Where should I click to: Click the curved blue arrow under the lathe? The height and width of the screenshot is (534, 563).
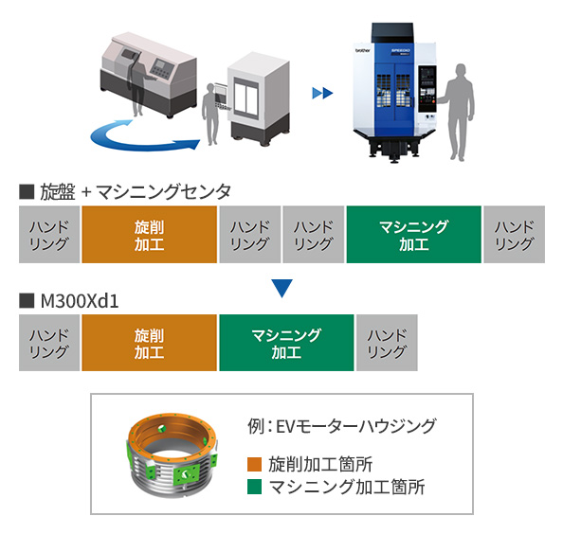point(142,141)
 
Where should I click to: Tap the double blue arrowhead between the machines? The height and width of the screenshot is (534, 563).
point(322,93)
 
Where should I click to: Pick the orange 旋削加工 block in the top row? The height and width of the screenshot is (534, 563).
point(150,235)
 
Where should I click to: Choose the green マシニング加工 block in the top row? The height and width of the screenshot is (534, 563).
point(413,235)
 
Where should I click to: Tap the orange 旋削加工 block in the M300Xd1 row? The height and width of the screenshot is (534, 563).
point(150,344)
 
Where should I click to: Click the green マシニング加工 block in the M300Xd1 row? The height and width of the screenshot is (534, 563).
point(286,344)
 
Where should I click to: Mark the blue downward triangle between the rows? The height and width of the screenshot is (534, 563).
point(282,286)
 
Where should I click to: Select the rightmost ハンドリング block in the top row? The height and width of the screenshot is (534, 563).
point(515,235)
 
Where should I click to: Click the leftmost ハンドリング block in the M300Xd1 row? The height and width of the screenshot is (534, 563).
point(49,344)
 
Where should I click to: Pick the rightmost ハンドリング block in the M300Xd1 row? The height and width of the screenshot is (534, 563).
point(387,344)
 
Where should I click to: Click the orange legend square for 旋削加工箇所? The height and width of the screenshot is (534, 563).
point(252,465)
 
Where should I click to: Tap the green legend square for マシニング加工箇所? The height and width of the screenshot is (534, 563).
point(252,488)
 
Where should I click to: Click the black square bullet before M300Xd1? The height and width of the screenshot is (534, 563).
point(26,300)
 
